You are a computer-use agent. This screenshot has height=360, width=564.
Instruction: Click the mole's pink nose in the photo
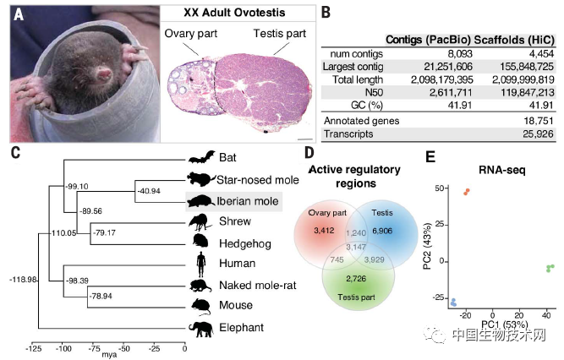tap(105, 74)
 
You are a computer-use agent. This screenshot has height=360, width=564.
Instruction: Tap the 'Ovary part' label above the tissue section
tap(190, 34)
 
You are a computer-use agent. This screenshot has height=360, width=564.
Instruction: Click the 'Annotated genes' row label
tap(362, 121)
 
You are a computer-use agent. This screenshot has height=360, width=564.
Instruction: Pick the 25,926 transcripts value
tap(538, 134)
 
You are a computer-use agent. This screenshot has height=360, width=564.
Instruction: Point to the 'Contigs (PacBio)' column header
tap(428, 40)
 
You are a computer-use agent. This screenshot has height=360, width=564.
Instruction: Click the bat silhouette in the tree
tap(201, 157)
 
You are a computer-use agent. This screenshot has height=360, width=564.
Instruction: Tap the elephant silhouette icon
tap(200, 329)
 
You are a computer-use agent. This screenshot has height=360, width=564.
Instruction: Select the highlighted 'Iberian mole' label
tap(248, 201)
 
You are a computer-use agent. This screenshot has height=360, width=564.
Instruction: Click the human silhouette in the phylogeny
tap(201, 265)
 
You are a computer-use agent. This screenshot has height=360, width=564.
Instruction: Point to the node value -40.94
tap(149, 191)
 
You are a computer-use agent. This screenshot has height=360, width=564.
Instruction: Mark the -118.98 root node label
tap(23, 280)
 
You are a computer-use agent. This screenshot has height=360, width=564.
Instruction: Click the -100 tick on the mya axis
tap(63, 348)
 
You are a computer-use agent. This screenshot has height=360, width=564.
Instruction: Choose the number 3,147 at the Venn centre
tap(356, 247)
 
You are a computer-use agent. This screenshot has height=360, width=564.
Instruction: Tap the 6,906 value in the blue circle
tap(382, 231)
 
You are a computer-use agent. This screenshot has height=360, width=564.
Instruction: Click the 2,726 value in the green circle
tap(356, 278)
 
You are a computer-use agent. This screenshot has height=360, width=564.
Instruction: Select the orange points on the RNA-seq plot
tap(467, 192)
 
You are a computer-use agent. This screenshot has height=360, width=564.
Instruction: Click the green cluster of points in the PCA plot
tap(550, 268)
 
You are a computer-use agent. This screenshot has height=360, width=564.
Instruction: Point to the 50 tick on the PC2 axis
tap(439, 188)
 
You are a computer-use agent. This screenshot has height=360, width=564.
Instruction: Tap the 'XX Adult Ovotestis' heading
tap(234, 13)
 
